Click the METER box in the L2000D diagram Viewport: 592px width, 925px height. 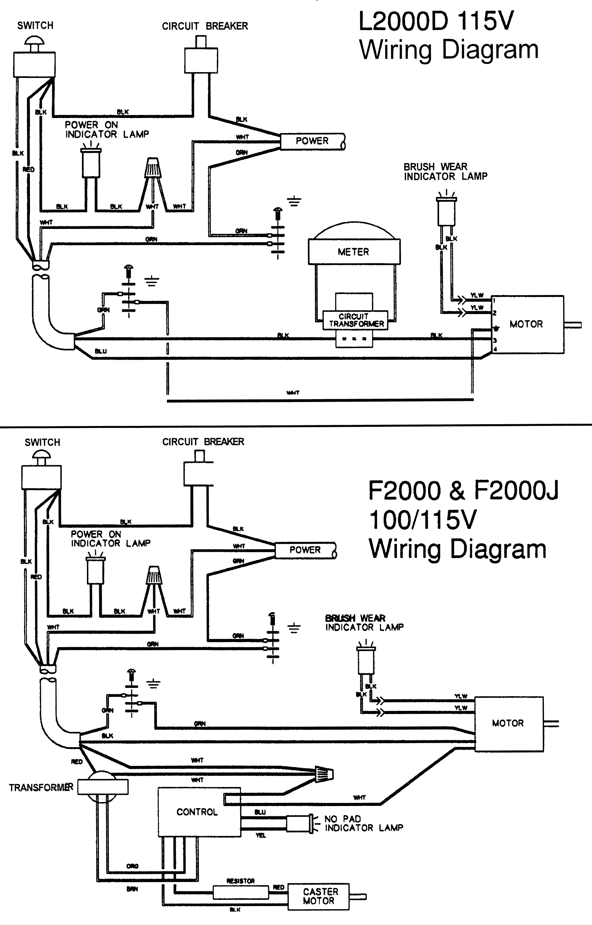pyautogui.click(x=354, y=252)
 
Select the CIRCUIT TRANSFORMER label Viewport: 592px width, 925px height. pyautogui.click(x=356, y=320)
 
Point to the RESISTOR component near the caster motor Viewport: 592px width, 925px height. pyautogui.click(x=240, y=892)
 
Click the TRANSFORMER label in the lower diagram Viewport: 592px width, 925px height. pyautogui.click(x=41, y=788)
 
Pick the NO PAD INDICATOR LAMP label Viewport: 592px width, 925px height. pyautogui.click(x=363, y=823)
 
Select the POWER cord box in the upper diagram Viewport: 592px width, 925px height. pyautogui.click(x=312, y=141)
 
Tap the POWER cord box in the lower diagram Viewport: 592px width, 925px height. pyautogui.click(x=305, y=550)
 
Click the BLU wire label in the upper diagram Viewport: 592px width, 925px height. pyautogui.click(x=101, y=351)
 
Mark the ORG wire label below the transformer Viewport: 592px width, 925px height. pyautogui.click(x=132, y=866)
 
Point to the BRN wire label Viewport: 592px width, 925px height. pyautogui.click(x=132, y=889)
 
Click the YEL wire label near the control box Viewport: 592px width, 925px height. pyautogui.click(x=260, y=835)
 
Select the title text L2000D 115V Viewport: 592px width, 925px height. pyautogui.click(x=435, y=21)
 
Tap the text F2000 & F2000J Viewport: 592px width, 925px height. pyautogui.click(x=463, y=491)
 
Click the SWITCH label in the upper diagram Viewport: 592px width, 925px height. pyautogui.click(x=36, y=26)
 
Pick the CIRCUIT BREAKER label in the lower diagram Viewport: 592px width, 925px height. pyautogui.click(x=203, y=442)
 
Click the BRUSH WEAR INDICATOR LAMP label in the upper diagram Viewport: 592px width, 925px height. pyautogui.click(x=445, y=171)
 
